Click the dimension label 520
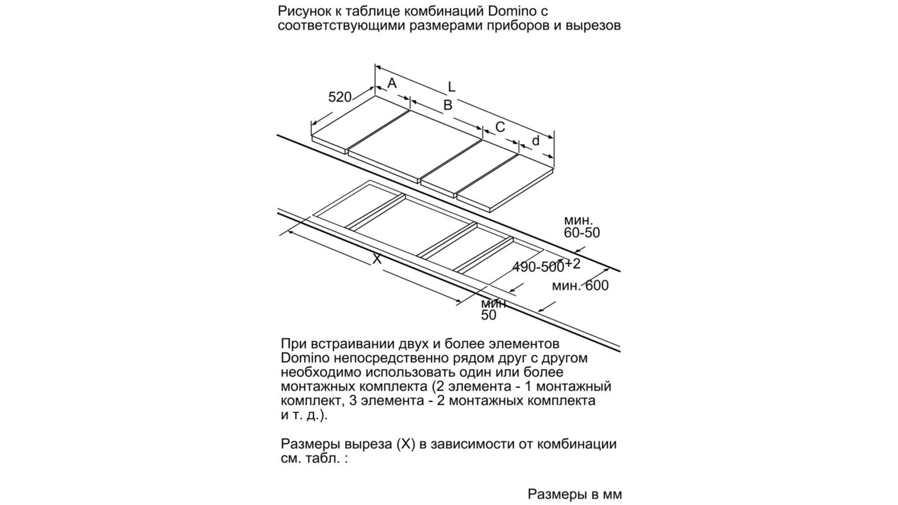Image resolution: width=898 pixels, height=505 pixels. [x=340, y=97]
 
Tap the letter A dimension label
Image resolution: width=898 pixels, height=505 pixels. [x=392, y=84]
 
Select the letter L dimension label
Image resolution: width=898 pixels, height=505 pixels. [x=451, y=87]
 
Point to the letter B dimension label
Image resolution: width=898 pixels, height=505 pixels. [x=448, y=105]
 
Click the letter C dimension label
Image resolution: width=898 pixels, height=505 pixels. [x=500, y=127]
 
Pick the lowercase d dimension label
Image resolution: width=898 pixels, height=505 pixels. [x=535, y=141]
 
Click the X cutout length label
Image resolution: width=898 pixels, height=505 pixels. [x=377, y=259]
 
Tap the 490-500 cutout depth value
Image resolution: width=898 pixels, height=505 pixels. [x=538, y=267]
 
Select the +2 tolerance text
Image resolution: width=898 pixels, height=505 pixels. [x=572, y=264]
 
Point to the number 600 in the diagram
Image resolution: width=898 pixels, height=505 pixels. [x=597, y=286]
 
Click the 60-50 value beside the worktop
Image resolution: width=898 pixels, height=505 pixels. [x=581, y=232]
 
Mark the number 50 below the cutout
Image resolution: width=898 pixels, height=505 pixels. [x=488, y=315]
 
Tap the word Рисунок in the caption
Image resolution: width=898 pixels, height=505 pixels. [x=304, y=11]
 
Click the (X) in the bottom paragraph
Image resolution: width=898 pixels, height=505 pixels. [x=405, y=444]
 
